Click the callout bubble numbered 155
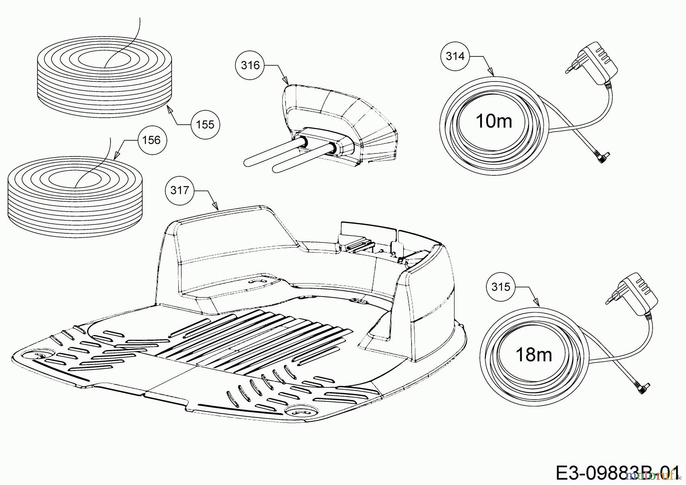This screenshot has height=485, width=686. [x=205, y=124]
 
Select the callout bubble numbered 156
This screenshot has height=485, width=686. [x=151, y=140]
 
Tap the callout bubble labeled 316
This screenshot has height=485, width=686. [x=250, y=65]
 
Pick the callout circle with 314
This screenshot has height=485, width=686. [x=455, y=56]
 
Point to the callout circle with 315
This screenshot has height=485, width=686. [x=501, y=287]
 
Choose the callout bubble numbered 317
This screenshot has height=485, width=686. [x=180, y=190]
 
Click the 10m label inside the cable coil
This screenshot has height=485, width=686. [x=494, y=121]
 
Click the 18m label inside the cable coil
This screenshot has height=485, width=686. [x=533, y=355]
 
